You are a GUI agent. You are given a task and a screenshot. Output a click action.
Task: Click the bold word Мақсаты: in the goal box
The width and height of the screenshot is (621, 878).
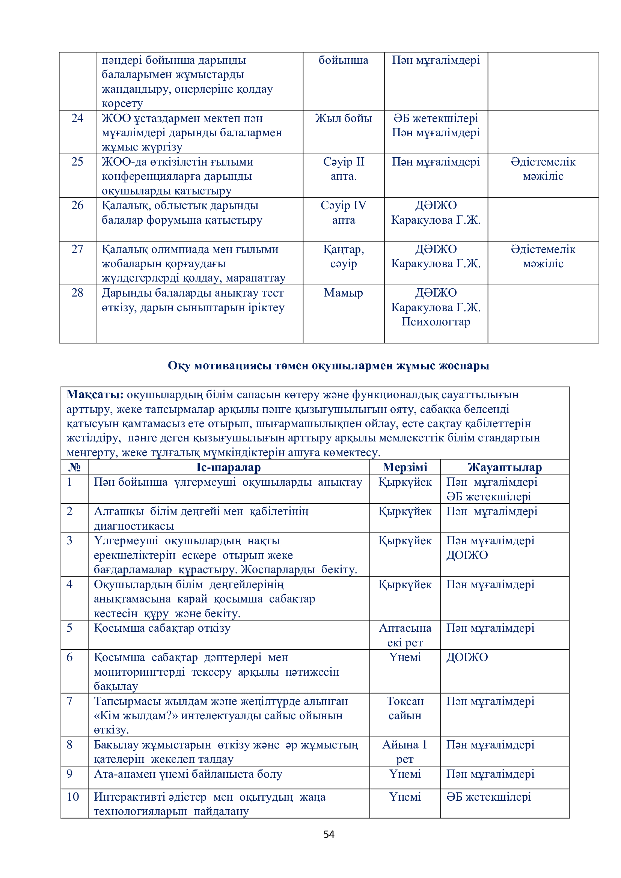click(95, 394)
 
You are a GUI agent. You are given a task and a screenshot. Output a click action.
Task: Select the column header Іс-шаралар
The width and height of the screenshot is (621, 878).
click(228, 467)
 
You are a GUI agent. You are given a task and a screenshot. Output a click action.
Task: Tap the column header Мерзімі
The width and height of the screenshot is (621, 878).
click(405, 467)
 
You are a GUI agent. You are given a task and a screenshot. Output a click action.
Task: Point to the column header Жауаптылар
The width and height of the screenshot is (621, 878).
click(504, 467)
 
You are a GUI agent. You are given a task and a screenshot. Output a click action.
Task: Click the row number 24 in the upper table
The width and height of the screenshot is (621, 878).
click(77, 118)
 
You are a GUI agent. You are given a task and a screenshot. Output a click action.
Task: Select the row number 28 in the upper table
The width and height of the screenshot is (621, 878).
click(77, 292)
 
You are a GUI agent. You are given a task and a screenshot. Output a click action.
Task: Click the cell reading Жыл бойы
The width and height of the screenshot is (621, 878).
click(344, 118)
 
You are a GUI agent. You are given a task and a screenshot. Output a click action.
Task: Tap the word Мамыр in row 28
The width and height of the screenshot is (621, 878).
click(344, 292)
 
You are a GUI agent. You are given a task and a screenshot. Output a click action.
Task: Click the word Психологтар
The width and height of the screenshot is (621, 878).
click(436, 322)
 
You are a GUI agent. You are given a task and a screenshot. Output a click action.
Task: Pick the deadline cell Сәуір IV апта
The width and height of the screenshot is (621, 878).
click(344, 212)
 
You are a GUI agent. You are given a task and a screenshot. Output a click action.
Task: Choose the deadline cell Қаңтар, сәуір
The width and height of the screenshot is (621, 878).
click(344, 256)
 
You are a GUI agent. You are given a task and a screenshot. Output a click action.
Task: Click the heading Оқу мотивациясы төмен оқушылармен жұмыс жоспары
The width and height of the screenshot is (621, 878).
click(329, 366)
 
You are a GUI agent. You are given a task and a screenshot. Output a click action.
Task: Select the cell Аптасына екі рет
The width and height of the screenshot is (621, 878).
click(405, 635)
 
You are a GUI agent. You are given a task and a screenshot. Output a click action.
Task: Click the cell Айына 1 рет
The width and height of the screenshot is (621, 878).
click(405, 751)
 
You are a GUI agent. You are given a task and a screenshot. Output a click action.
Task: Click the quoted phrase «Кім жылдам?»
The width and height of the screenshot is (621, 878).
click(136, 715)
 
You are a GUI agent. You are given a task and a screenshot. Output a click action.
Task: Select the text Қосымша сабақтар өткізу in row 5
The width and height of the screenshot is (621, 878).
click(162, 628)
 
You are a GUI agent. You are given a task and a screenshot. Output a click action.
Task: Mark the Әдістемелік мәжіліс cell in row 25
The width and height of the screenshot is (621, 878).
click(543, 169)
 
